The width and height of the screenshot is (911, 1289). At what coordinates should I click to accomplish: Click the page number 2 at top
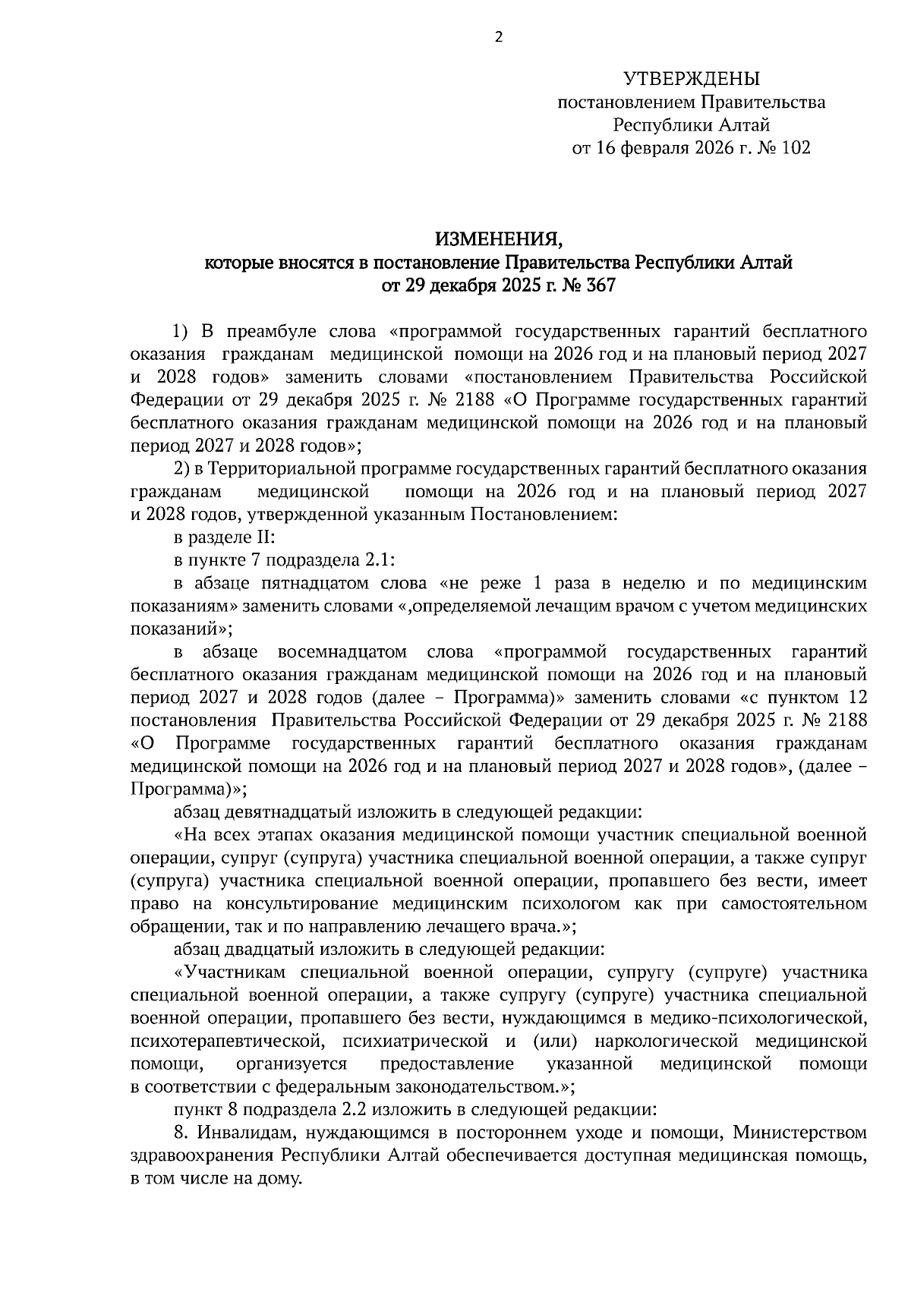[x=499, y=36]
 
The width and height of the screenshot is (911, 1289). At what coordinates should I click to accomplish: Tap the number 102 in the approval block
[x=794, y=148]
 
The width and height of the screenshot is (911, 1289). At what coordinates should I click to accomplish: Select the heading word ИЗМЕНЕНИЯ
[x=498, y=241]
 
